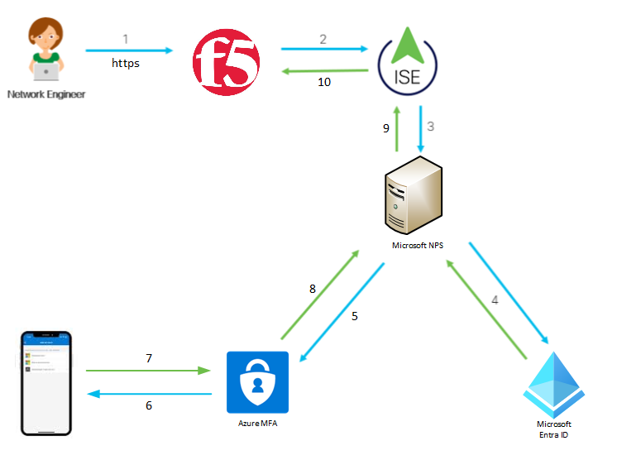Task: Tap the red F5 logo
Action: pos(226,61)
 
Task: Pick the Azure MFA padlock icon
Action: pos(257,381)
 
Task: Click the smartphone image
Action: pos(47,382)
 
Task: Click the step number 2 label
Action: pos(323,38)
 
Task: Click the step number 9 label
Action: pos(385,128)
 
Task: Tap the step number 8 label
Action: pos(312,289)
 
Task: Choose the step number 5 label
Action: pos(356,316)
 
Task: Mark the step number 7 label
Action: pos(149,358)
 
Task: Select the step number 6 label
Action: pos(149,405)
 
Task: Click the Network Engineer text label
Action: pos(45,94)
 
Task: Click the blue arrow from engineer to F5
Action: pos(128,50)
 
